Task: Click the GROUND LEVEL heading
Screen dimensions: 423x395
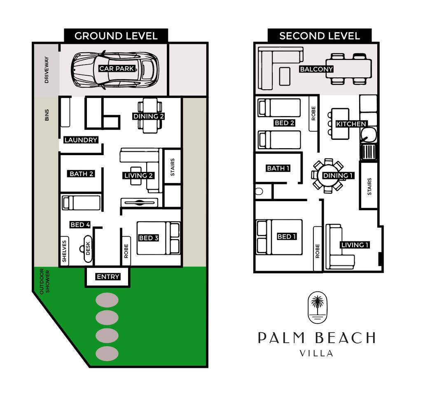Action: tap(116, 36)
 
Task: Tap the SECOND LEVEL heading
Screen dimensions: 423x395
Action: tap(320, 36)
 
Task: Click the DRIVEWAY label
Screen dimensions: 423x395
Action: tap(47, 70)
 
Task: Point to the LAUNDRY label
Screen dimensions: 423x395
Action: tap(81, 140)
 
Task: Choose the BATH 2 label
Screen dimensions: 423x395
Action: tap(81, 174)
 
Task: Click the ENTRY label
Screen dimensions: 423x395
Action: tap(108, 276)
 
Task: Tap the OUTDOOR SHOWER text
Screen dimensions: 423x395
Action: tap(45, 281)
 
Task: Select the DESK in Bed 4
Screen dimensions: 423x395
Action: tap(87, 249)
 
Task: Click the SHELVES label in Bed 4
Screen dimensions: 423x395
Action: tap(64, 251)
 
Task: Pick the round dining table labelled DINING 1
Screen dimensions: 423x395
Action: tap(328, 176)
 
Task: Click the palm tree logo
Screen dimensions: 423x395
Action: tap(318, 307)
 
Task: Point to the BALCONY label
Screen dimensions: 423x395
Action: tap(316, 69)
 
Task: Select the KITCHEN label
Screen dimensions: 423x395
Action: tap(351, 124)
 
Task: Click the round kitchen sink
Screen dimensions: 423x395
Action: tap(368, 135)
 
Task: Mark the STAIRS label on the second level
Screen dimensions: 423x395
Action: tap(369, 186)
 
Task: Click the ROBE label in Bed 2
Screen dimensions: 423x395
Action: tap(313, 113)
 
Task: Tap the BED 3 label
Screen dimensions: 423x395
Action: tap(148, 238)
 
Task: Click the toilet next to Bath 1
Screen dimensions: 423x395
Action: tap(259, 191)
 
